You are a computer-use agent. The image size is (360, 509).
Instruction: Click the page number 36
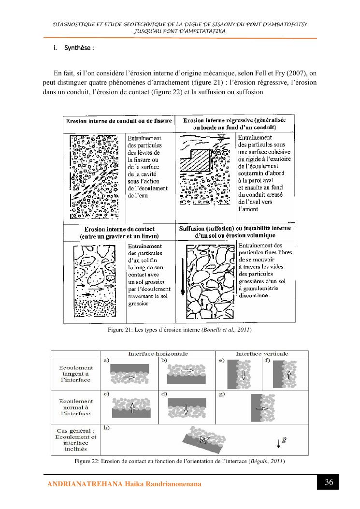329,482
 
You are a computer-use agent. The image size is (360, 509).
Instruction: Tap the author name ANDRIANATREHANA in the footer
85,484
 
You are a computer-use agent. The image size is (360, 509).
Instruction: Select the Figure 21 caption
180,330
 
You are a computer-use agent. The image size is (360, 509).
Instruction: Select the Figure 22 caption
179,461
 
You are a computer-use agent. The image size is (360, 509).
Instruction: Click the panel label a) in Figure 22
106,360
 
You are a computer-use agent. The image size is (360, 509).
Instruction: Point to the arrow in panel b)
187,370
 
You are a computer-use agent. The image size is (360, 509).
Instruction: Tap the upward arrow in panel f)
289,375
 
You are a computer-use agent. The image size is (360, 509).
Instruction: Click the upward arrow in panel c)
132,407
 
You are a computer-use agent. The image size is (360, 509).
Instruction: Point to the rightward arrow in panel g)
262,408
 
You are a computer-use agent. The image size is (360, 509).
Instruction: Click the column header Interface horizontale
158,354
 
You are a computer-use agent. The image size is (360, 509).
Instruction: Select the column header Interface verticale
262,354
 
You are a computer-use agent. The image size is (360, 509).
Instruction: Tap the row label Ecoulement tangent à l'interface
76,374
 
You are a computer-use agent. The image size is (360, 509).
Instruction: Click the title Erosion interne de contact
119,229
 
